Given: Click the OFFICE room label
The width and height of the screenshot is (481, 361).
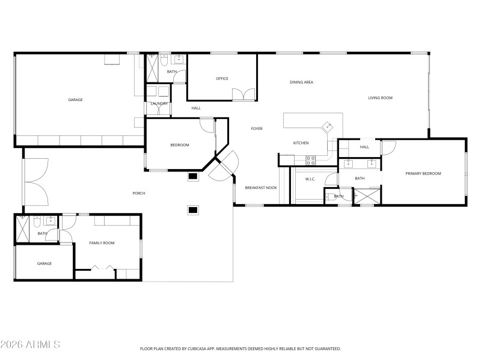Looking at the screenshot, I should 222,79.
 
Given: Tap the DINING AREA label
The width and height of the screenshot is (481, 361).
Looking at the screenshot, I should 301,82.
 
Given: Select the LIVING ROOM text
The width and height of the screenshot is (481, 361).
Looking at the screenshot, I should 380,97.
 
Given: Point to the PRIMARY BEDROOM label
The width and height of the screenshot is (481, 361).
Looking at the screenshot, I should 423,173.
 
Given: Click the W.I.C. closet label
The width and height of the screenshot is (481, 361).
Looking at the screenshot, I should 310,179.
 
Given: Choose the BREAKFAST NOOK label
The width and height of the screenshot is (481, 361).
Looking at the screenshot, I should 261,188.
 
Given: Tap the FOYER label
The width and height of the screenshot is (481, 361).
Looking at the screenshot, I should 257,129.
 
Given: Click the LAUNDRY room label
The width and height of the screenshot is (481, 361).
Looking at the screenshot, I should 159,103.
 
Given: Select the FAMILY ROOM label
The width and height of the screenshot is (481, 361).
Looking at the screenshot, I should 102,243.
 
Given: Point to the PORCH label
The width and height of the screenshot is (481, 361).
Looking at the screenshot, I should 139,193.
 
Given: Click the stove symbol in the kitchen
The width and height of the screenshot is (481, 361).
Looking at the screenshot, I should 311,160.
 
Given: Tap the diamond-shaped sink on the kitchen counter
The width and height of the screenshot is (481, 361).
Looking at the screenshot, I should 328,126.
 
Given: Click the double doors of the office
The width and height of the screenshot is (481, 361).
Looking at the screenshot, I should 244,94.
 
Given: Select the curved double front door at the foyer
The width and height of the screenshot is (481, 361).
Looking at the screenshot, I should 222,167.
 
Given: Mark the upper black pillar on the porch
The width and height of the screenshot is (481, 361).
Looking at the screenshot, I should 192,176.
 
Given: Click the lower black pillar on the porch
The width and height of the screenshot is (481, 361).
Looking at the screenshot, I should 192,209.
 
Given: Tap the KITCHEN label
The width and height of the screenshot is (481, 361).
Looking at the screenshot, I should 301,143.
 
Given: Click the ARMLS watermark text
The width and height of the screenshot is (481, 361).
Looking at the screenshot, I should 30,345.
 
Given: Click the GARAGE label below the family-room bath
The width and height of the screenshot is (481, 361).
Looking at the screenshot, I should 44,264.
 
